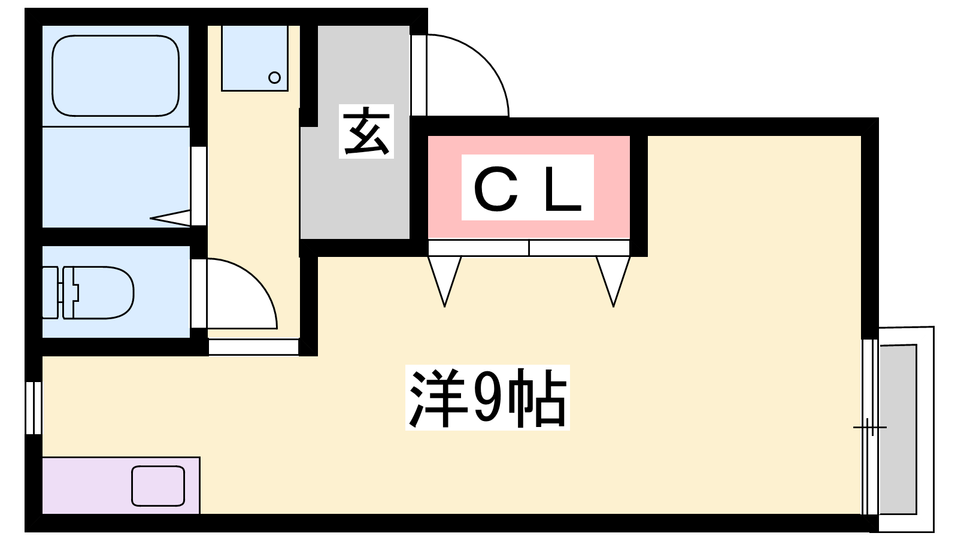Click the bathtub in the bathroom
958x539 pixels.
pyautogui.click(x=116, y=75)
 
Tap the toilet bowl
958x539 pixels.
pyautogui.click(x=98, y=293)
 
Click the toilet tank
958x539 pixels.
pyautogui.click(x=50, y=293)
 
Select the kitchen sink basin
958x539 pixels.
pyautogui.click(x=158, y=486)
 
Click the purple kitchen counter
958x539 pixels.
pyautogui.click(x=121, y=486)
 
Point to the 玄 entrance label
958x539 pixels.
pyautogui.click(x=366, y=131)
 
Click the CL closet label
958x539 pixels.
pyautogui.click(x=527, y=187)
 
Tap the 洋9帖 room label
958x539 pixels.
pyautogui.click(x=487, y=398)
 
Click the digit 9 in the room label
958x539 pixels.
pyautogui.click(x=487, y=398)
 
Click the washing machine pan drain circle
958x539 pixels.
pyautogui.click(x=274, y=78)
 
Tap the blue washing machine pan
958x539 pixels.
pyautogui.click(x=254, y=58)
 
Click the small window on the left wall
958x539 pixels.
pyautogui.click(x=34, y=408)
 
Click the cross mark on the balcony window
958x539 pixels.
pyautogui.click(x=870, y=427)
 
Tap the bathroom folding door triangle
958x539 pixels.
pyautogui.click(x=170, y=218)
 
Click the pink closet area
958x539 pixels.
pyautogui.click(x=529, y=187)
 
